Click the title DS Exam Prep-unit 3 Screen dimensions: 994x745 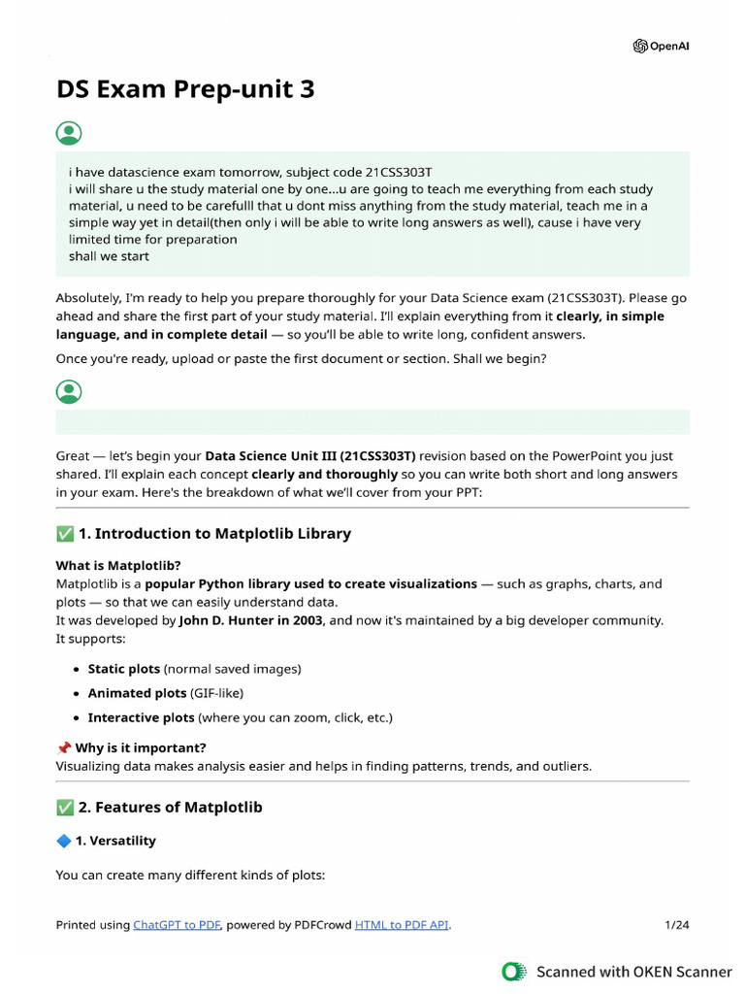click(x=185, y=89)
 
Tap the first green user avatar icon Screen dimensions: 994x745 click(x=69, y=133)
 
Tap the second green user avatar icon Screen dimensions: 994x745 click(x=69, y=391)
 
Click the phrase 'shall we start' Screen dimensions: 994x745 click(x=109, y=256)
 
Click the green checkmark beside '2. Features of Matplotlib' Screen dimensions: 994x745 click(x=65, y=807)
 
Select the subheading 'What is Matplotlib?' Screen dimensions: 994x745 click(x=118, y=565)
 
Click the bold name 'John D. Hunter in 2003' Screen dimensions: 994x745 click(x=250, y=619)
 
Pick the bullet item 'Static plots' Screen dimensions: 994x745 click(x=124, y=669)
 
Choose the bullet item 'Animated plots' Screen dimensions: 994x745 click(x=136, y=693)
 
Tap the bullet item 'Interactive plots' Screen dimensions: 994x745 click(x=141, y=717)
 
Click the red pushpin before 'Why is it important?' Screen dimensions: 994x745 click(x=64, y=748)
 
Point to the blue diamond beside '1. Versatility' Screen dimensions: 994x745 click(x=64, y=841)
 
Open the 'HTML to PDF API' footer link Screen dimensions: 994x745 click(x=402, y=925)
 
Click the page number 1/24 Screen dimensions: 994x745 click(x=676, y=925)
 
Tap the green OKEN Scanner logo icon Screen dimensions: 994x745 click(x=513, y=971)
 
